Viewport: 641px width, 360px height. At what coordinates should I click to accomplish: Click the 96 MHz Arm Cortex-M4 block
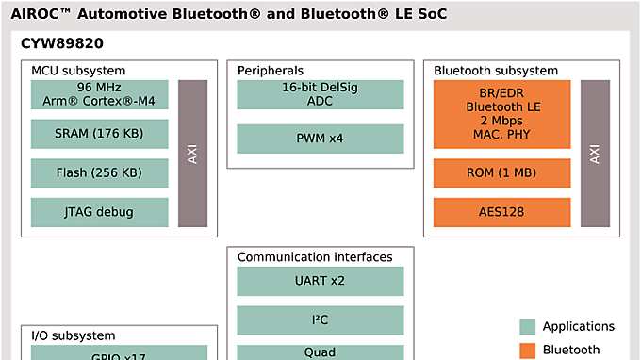pyautogui.click(x=100, y=94)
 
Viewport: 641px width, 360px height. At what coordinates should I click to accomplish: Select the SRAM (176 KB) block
pyautogui.click(x=100, y=134)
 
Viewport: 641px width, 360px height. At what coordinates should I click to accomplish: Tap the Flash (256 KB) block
pyautogui.click(x=100, y=172)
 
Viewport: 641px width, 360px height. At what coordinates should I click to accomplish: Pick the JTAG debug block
pyautogui.click(x=100, y=212)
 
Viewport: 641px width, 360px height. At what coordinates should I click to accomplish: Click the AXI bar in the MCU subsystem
pyautogui.click(x=192, y=153)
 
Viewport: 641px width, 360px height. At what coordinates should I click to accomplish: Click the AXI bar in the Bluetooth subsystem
pyautogui.click(x=595, y=153)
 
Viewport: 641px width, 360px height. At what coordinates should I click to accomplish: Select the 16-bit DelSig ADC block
pyautogui.click(x=320, y=94)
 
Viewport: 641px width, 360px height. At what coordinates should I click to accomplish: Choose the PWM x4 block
pyautogui.click(x=320, y=139)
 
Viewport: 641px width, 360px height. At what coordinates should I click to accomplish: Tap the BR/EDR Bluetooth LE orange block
pyautogui.click(x=501, y=114)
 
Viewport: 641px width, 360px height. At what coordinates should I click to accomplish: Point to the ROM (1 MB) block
pyautogui.click(x=501, y=172)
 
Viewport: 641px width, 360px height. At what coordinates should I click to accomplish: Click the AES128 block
pyautogui.click(x=501, y=212)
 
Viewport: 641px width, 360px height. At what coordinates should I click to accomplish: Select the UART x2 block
pyautogui.click(x=320, y=281)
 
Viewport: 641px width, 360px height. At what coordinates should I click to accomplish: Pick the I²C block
pyautogui.click(x=320, y=320)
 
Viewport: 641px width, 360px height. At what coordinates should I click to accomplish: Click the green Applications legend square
pyautogui.click(x=528, y=327)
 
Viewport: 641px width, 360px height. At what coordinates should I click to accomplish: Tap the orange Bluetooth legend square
pyautogui.click(x=528, y=351)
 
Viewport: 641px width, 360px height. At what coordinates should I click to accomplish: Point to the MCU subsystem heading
pyautogui.click(x=78, y=71)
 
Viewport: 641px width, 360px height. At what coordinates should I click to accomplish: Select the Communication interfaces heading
pyautogui.click(x=315, y=257)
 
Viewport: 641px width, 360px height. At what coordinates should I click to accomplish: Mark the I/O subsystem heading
pyautogui.click(x=74, y=335)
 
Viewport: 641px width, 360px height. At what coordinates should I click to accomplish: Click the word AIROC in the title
pyautogui.click(x=41, y=14)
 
